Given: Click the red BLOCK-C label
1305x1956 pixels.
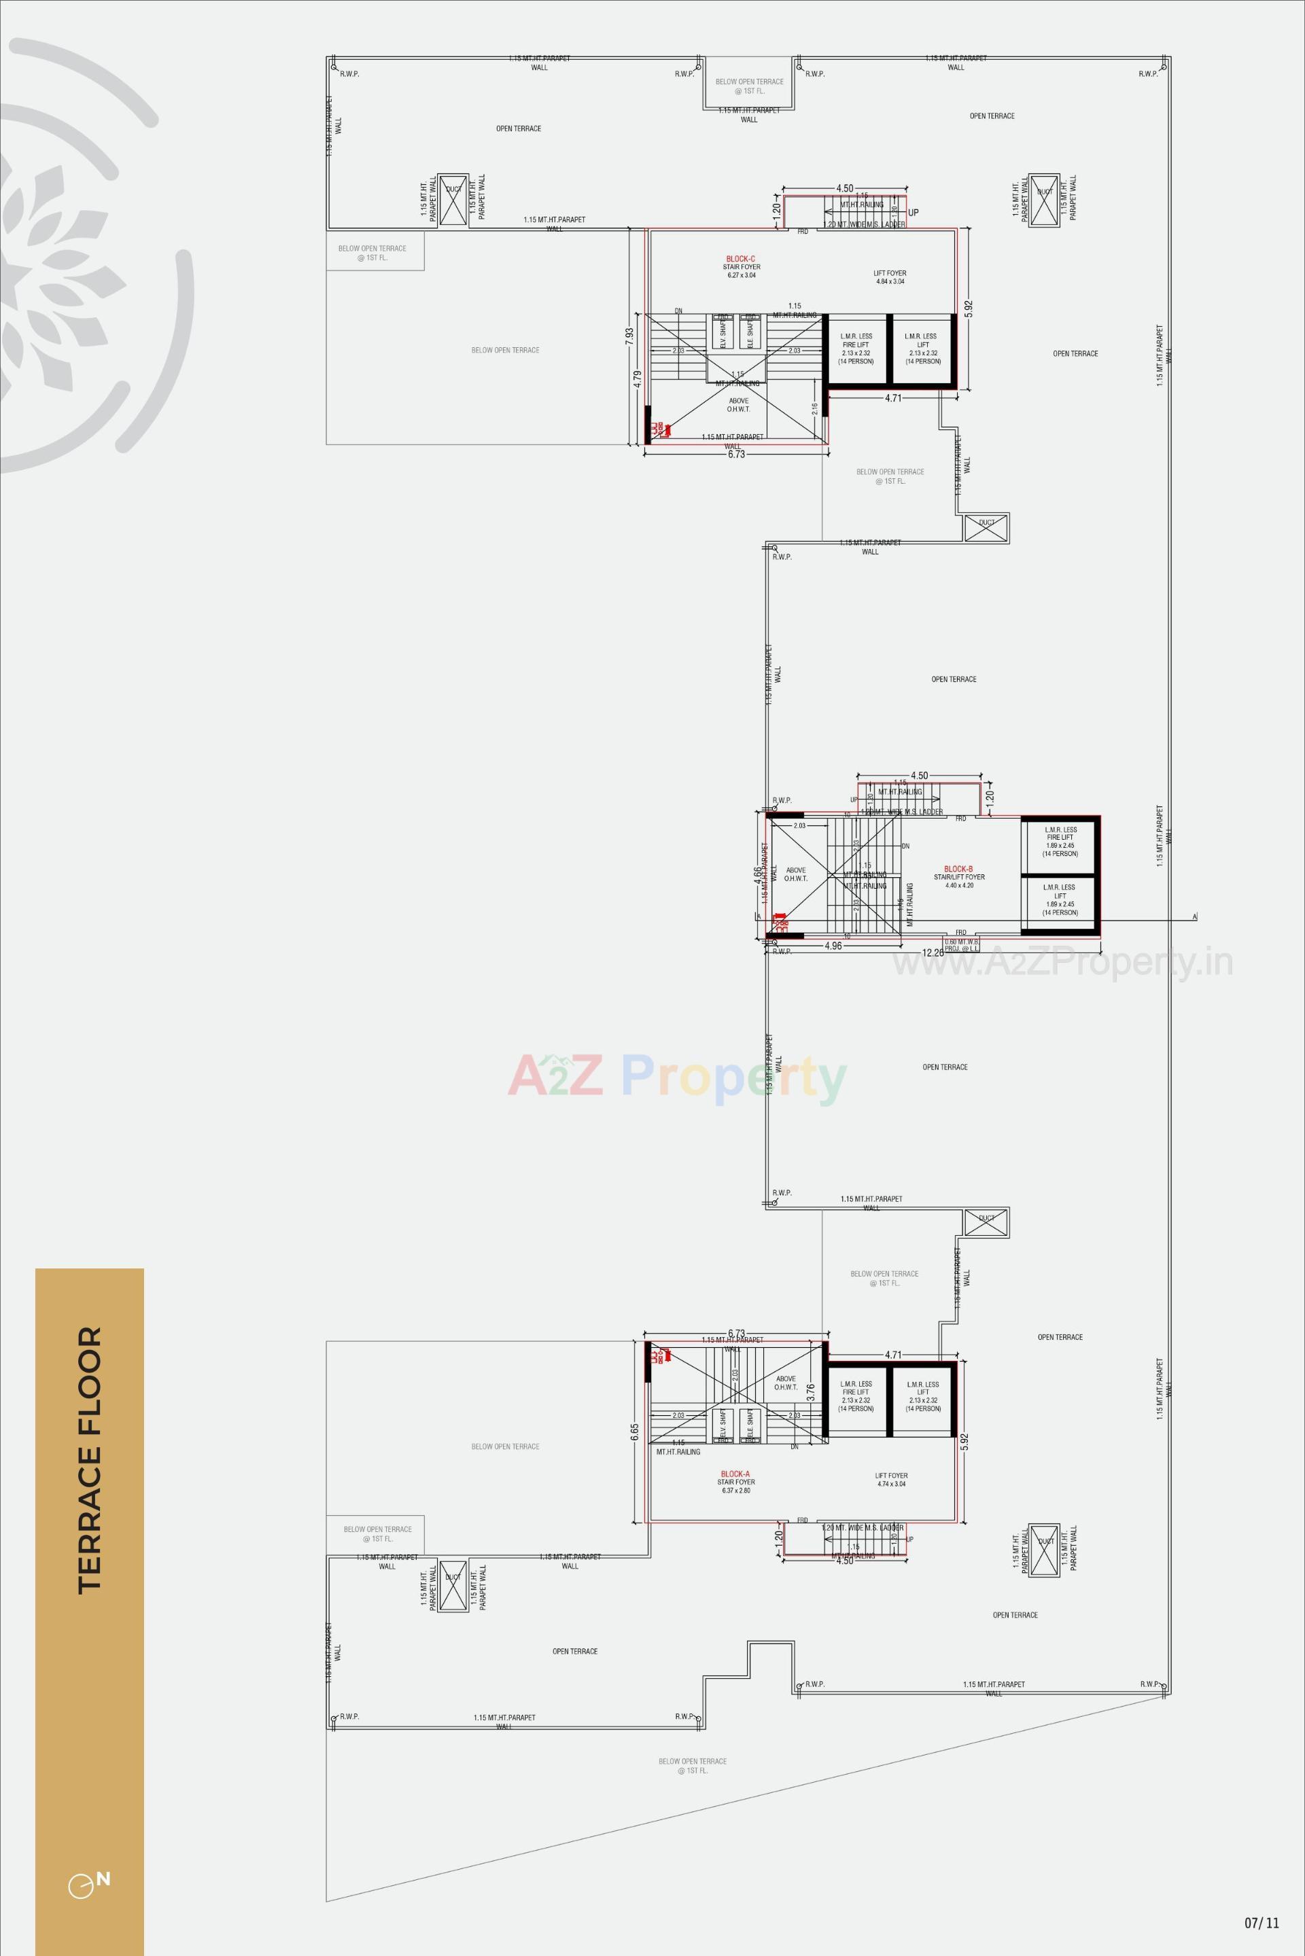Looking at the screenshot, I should [x=741, y=259].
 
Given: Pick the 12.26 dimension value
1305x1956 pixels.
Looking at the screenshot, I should [x=933, y=953].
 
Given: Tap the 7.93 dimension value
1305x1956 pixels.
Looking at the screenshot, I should [x=630, y=336].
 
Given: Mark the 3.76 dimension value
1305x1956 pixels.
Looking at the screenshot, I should [x=811, y=1392].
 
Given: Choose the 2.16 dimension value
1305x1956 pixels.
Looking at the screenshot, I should [x=815, y=408].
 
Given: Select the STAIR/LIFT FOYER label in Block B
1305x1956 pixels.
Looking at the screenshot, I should [x=959, y=877].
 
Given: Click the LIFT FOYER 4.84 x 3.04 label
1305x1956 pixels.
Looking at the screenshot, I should [x=890, y=277].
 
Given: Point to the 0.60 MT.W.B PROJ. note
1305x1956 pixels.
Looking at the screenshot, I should [x=961, y=945].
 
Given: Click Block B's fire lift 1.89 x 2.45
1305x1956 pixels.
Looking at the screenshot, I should [x=1060, y=841].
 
